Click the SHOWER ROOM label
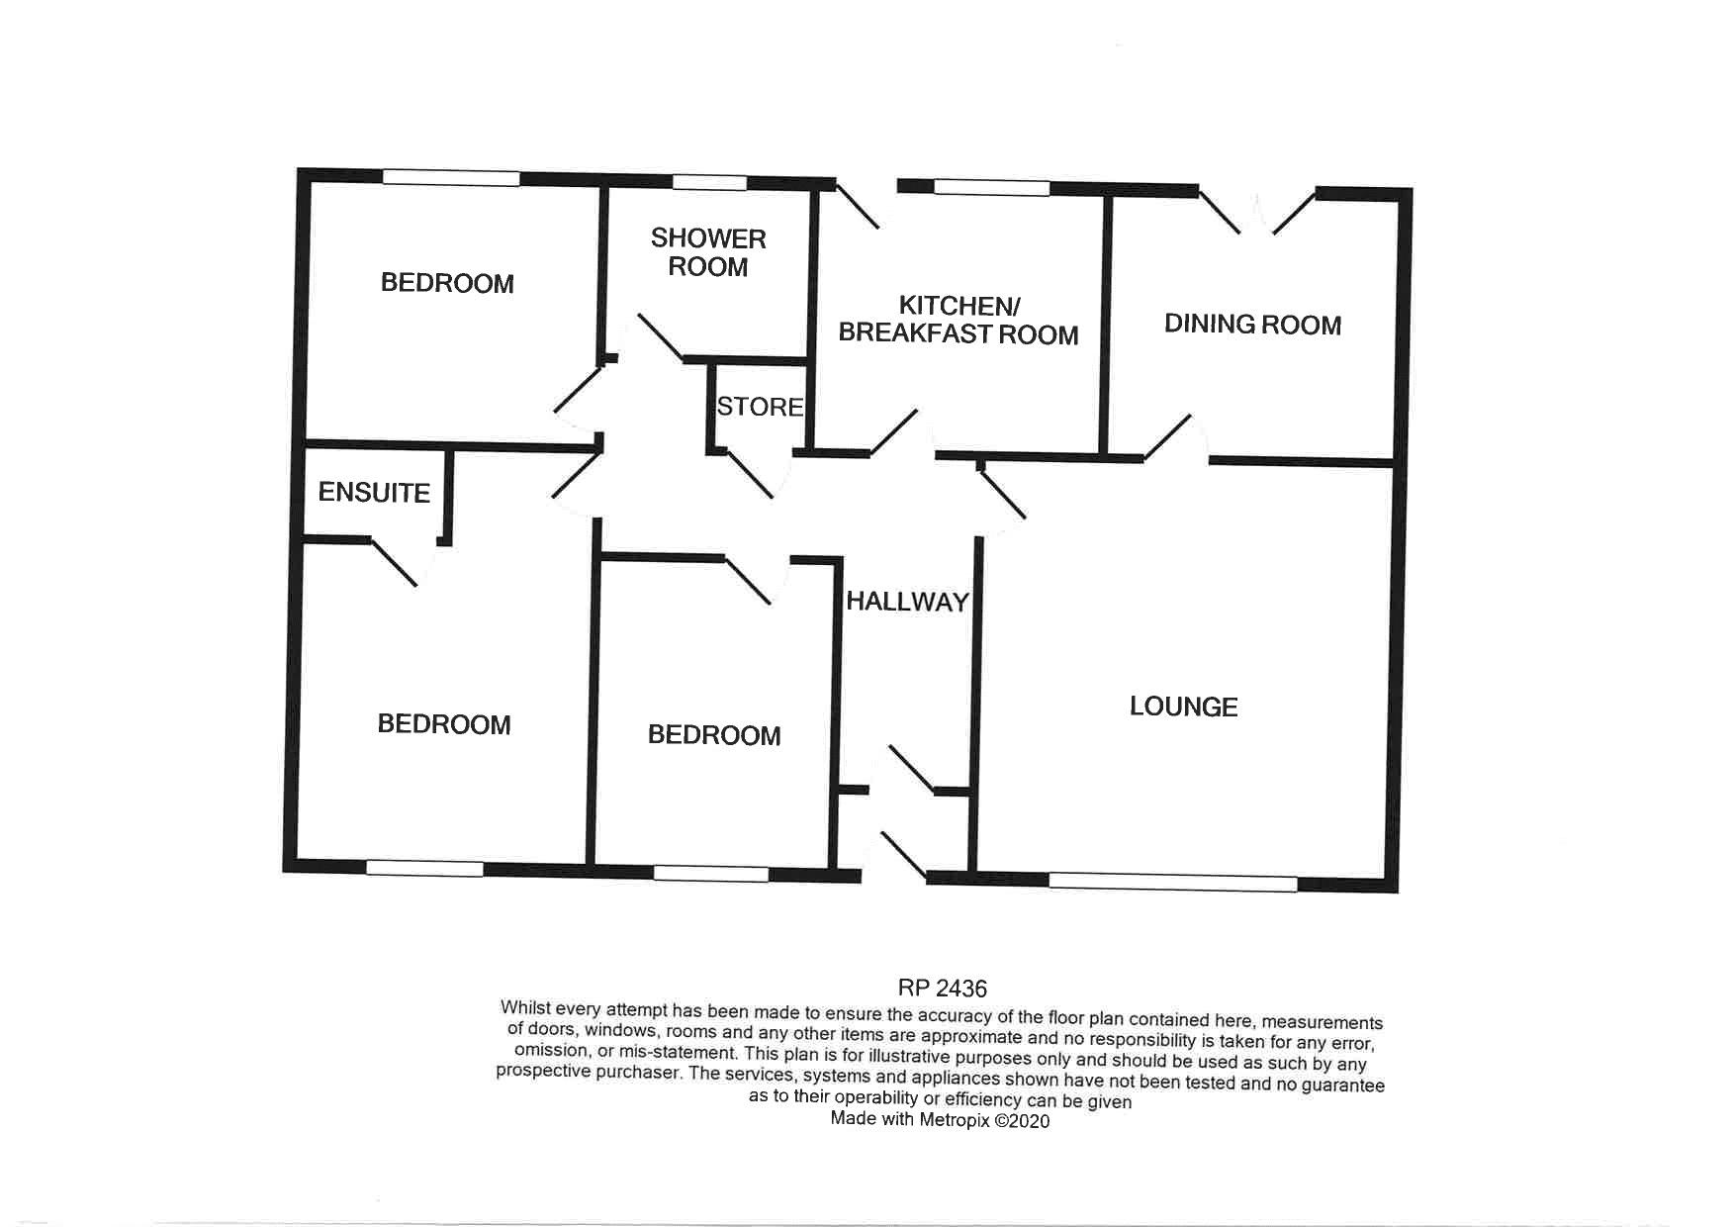pos(708,252)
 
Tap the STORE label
pos(760,407)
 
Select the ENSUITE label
pos(374,493)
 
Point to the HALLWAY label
pos(907,602)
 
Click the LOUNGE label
pos(1183,707)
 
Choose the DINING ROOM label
pos(1252,325)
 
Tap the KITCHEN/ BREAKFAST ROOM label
pos(958,320)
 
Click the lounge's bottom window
pos(1172,883)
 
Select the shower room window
pos(709,183)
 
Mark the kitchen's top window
pos(991,187)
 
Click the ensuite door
pos(396,563)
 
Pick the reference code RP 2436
pos(942,988)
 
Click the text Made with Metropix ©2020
pos(940,1120)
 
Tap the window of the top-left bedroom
pos(451,178)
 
